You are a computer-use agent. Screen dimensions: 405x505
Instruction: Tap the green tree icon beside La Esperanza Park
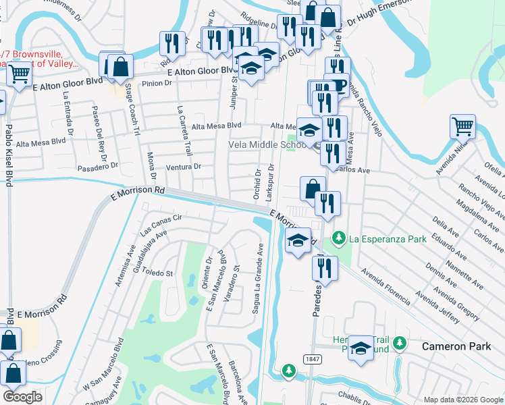(x=340, y=238)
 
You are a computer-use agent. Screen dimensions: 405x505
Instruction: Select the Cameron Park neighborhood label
(x=452, y=346)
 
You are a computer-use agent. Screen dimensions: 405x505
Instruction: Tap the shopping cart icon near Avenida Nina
(x=462, y=125)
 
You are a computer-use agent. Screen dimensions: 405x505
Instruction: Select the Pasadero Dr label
(x=97, y=165)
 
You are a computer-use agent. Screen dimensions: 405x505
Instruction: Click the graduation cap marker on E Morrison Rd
(x=297, y=241)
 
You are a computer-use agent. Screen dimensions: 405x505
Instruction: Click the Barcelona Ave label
(x=236, y=382)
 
